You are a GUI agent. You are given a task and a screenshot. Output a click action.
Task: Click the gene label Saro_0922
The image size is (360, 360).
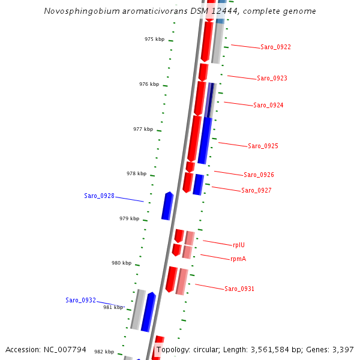[275, 47]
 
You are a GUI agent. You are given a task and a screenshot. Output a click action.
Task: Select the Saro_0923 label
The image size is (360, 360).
[272, 79]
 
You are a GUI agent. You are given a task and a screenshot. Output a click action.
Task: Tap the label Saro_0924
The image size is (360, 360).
[268, 106]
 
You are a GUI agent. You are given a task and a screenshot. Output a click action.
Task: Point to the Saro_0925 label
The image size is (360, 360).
[263, 146]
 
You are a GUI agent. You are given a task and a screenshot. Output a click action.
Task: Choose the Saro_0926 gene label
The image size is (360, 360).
[259, 175]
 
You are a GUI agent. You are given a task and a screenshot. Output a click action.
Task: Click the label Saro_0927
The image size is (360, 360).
[256, 191]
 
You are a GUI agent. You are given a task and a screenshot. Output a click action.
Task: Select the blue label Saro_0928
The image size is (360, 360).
[99, 196]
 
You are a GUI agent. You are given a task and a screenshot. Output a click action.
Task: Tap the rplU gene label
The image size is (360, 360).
[239, 245]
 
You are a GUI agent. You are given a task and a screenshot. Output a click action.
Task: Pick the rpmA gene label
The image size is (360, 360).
[238, 259]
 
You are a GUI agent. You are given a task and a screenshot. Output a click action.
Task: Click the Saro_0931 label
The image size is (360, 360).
[239, 289]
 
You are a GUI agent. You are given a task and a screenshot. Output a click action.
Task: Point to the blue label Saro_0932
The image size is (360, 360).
[80, 300]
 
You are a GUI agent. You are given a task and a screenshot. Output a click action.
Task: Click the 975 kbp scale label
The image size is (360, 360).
[154, 39]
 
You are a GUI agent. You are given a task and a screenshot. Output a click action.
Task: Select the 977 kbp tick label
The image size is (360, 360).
[143, 129]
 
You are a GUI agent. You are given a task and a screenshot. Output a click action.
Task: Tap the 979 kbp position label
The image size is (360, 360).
[129, 218]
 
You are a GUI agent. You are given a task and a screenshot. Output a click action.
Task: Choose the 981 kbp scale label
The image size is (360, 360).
[113, 307]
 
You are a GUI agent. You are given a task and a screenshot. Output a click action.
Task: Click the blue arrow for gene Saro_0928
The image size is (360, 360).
[167, 206]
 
